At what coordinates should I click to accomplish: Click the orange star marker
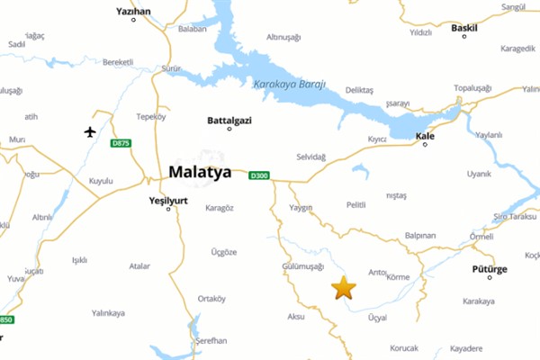tap(344, 288)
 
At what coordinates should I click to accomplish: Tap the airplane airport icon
tap(90, 132)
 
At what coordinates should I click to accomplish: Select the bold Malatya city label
tap(199, 172)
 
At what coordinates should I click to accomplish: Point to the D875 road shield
tap(120, 144)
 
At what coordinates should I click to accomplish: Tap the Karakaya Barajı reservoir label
tap(288, 85)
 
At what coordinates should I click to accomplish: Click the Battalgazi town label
tap(229, 119)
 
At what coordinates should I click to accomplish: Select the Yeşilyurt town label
tap(168, 201)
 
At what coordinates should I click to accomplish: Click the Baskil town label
tap(463, 27)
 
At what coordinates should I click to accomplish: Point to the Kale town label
tap(425, 136)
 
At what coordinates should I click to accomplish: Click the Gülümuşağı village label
tap(302, 266)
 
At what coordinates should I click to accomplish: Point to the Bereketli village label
tap(118, 61)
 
